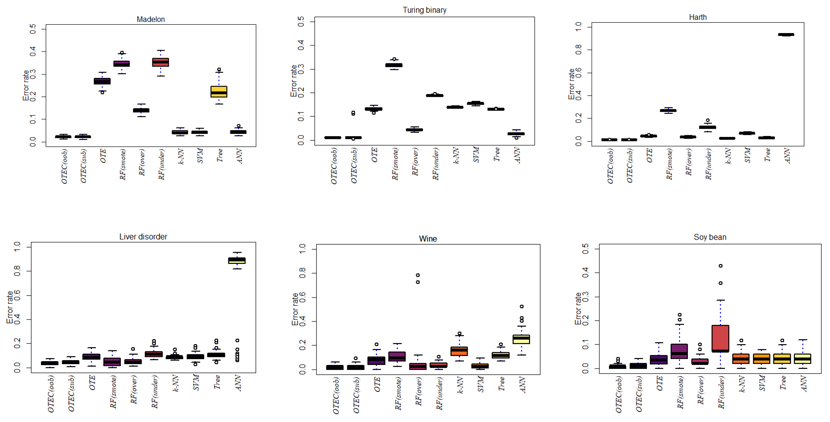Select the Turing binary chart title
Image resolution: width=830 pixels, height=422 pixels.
click(x=424, y=10)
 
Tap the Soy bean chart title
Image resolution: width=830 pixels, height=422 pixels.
click(x=710, y=237)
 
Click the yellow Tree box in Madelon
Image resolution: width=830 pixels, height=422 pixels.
click(x=219, y=92)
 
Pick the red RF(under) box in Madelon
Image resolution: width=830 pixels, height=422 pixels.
click(x=160, y=62)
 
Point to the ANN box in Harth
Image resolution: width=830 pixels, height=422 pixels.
click(x=786, y=34)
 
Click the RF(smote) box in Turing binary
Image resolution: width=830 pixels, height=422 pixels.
click(x=394, y=65)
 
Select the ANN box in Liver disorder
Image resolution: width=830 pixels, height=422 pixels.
click(x=237, y=260)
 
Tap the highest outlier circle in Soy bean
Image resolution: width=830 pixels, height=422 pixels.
click(x=721, y=266)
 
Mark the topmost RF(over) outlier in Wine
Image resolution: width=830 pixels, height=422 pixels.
click(x=418, y=275)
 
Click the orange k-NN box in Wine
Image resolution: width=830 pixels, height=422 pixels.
click(x=459, y=351)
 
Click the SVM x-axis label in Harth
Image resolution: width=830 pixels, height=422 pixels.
click(x=748, y=155)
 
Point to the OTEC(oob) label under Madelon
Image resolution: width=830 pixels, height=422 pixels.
click(x=64, y=166)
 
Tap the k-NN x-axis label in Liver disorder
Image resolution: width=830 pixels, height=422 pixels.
click(x=176, y=383)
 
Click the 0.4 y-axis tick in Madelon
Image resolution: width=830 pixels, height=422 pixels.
click(x=33, y=51)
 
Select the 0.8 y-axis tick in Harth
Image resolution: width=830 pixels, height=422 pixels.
click(x=578, y=50)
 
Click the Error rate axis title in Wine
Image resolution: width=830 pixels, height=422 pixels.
click(x=295, y=309)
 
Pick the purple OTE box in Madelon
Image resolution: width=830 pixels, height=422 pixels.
click(x=102, y=81)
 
